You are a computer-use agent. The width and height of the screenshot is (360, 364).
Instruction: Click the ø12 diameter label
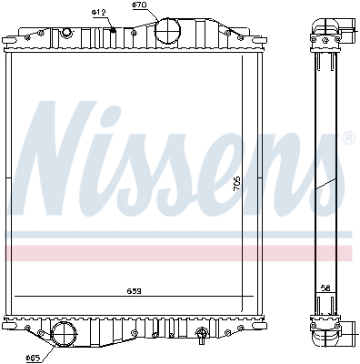[100, 11]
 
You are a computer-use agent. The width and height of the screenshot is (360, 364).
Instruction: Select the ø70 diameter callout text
[139, 5]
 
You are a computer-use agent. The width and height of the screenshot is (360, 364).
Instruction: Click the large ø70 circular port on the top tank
[169, 31]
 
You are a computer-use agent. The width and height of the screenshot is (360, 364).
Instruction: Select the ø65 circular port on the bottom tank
[64, 334]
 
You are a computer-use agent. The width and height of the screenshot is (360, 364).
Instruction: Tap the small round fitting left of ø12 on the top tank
[65, 34]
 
